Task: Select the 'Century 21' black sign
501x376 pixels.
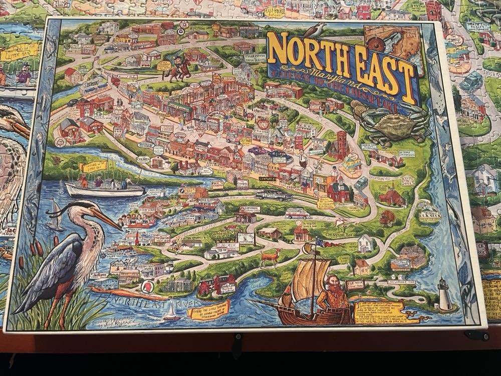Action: coord(269,178)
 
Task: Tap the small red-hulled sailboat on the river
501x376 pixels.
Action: coord(171,316)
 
